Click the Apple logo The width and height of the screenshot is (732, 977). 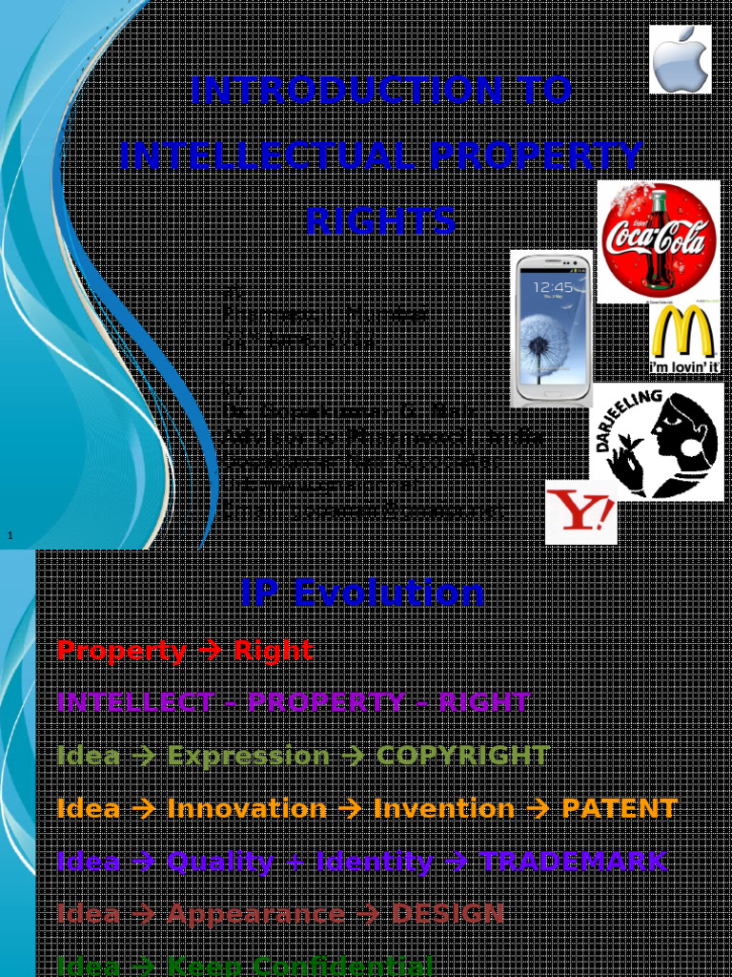point(681,59)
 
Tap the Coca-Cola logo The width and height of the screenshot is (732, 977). point(659,241)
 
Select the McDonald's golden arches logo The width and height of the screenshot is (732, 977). point(684,333)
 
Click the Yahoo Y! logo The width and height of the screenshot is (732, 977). point(580,513)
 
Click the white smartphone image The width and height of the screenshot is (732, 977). point(551,328)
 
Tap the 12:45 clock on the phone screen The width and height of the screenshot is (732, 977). point(553,287)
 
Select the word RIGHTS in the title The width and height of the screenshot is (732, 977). point(380,220)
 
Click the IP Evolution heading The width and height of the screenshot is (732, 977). point(362,592)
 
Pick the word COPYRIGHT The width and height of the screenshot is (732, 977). point(462,756)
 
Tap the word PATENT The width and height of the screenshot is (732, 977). point(620,809)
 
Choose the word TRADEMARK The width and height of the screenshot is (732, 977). point(573,862)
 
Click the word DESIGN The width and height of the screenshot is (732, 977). point(448,914)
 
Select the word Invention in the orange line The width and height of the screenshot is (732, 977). point(443,809)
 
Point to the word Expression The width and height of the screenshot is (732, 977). point(248,756)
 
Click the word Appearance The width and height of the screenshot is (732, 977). point(255,914)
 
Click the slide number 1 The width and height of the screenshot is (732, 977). point(10,536)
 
